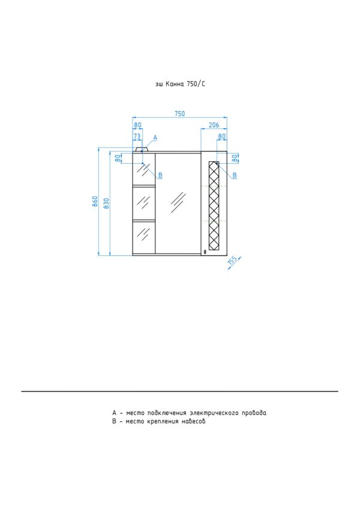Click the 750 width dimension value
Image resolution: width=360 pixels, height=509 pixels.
179,114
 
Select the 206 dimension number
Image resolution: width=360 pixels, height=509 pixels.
214,125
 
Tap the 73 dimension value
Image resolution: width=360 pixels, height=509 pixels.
137,136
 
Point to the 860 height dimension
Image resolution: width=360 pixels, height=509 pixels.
95,201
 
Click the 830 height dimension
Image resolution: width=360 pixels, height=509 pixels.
107,203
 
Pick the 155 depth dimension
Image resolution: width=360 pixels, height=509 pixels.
233,261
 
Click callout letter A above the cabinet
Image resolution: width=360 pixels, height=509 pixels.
155,138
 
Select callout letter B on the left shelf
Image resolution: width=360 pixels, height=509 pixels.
160,175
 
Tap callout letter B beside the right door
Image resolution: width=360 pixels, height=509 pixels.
235,175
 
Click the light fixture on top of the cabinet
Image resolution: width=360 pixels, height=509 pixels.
142,150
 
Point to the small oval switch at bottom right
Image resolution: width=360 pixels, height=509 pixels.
205,252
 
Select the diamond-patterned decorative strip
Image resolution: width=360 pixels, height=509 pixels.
214,206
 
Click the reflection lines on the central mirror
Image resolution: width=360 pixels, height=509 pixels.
178,202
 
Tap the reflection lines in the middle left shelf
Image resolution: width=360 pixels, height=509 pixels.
143,201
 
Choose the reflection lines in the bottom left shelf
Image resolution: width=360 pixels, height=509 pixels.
143,233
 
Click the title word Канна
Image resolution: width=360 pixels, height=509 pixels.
175,84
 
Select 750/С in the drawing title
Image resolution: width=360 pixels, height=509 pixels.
196,84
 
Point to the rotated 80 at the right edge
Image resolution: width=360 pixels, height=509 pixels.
234,158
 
